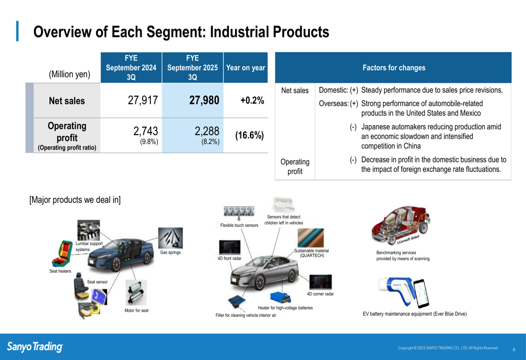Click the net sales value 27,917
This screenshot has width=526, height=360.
[x=143, y=100]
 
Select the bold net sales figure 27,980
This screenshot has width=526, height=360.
[x=204, y=100]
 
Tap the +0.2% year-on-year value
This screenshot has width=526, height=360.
[x=252, y=100]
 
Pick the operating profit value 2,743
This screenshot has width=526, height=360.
[x=146, y=131]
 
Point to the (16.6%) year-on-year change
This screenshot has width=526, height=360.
[x=249, y=136]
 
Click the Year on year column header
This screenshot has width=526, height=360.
[x=246, y=68]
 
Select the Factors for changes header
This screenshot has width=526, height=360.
[x=394, y=68]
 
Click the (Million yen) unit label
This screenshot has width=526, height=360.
[x=69, y=74]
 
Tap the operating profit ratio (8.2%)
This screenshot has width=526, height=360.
[x=210, y=142]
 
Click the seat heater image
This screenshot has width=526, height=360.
[x=62, y=253]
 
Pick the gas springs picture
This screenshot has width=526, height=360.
[x=170, y=238]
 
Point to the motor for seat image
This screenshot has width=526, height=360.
[x=136, y=293]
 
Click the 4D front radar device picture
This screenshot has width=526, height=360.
[x=229, y=248]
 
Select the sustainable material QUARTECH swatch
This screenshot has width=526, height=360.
[x=311, y=238]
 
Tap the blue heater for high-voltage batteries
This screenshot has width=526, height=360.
[x=280, y=297]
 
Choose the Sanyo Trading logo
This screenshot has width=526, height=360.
[x=35, y=346]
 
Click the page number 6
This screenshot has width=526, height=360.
[x=514, y=349]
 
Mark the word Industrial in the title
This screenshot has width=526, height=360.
[x=239, y=32]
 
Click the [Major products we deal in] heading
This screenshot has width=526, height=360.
[x=75, y=200]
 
